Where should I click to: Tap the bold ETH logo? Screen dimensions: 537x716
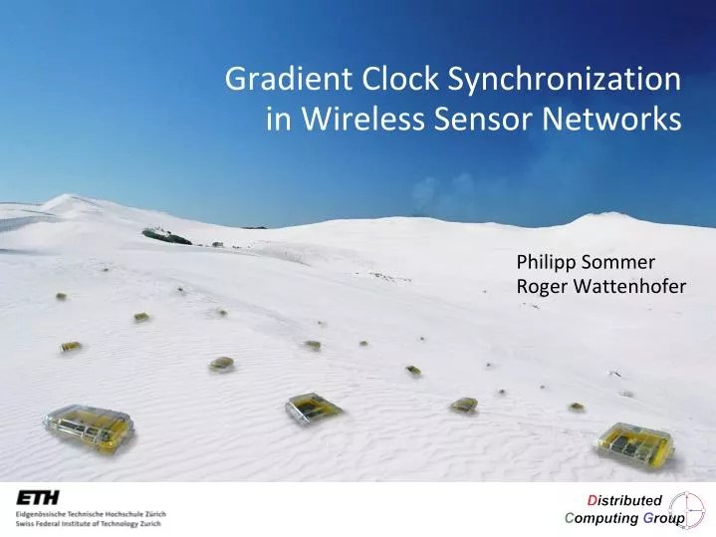[x=37, y=497]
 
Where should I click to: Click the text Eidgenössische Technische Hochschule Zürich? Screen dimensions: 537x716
[x=91, y=513]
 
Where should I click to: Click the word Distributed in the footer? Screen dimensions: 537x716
[x=623, y=500]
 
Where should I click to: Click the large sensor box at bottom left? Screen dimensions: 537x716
[x=88, y=426]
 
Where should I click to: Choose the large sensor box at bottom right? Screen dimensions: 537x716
[x=634, y=441]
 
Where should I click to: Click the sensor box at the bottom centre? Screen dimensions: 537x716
[x=314, y=406]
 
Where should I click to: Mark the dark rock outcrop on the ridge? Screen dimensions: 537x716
[x=165, y=236]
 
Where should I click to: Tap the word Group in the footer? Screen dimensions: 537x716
[x=662, y=519]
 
